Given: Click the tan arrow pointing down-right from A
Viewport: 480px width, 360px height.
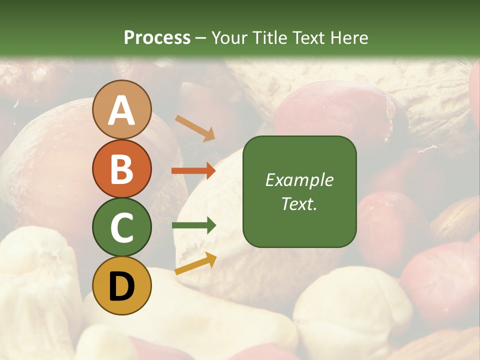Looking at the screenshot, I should (x=195, y=127).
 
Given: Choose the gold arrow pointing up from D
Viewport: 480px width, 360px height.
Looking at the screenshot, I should (x=195, y=263).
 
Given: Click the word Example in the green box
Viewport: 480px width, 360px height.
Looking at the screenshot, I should (x=299, y=180).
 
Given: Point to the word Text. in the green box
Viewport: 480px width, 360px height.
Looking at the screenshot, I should (x=299, y=204).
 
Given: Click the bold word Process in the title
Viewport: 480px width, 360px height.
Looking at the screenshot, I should (x=157, y=37).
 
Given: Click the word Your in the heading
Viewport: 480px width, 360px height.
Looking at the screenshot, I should (x=229, y=37).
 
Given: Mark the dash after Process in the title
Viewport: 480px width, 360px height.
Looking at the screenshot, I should (x=200, y=38).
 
